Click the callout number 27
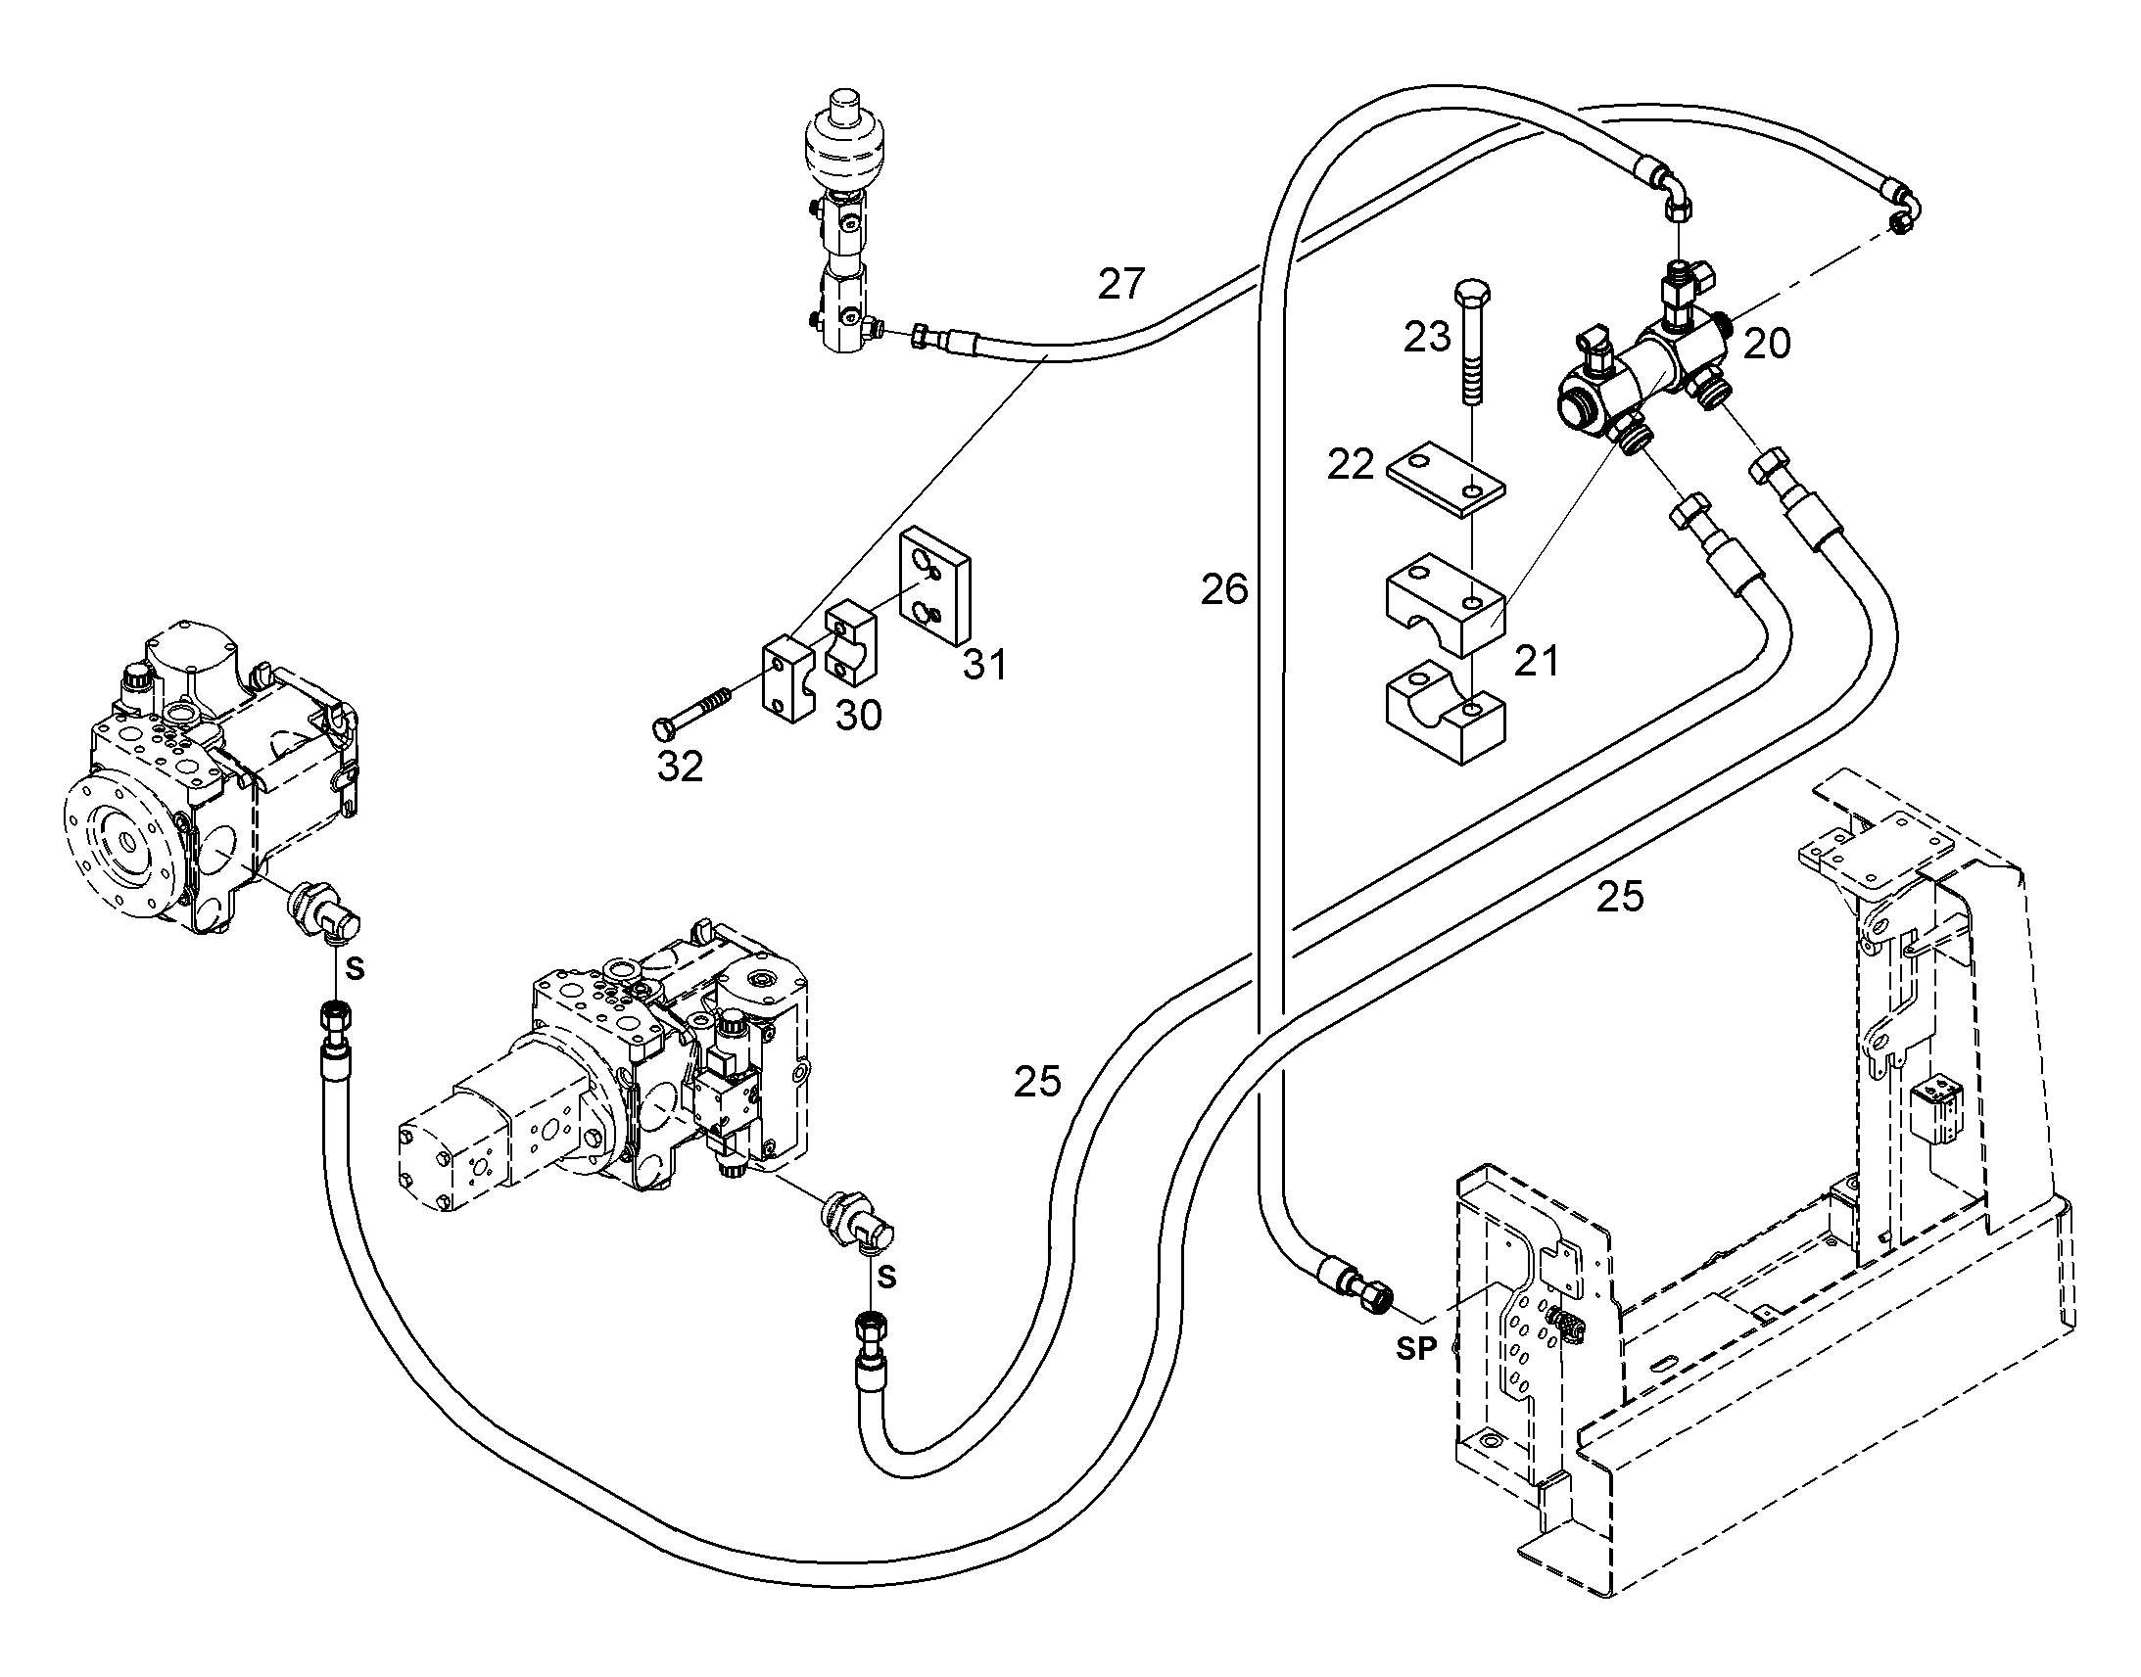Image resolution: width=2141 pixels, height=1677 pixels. coord(1121,285)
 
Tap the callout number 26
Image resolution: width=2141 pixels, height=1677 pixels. coord(1223,589)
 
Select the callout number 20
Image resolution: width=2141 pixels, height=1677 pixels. coord(1767,344)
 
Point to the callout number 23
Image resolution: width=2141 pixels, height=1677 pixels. coord(1427,337)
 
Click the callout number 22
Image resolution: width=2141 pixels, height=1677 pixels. coord(1351,464)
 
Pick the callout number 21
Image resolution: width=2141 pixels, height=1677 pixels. coord(1537,662)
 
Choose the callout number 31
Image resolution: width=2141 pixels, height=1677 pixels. coord(985,665)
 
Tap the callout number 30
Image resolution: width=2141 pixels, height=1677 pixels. coord(858,716)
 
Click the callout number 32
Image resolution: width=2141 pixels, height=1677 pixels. coord(681,767)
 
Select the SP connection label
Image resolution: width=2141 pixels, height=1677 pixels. coord(1416,1350)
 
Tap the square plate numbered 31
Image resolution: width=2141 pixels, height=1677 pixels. coord(936,585)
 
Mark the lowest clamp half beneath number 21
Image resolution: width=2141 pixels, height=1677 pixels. coord(1445,713)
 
